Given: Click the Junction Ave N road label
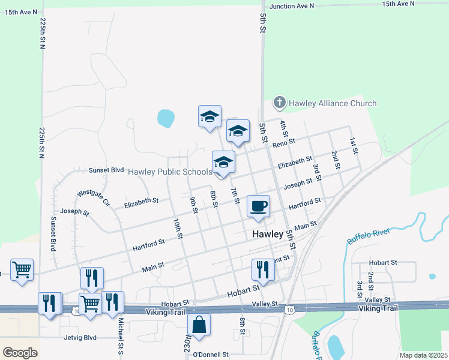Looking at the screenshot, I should point(292,6).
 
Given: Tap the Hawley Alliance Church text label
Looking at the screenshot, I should point(333,103).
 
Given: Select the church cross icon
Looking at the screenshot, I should point(279,103).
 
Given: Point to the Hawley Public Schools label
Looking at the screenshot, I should point(170,172).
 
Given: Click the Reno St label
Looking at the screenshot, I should point(284,143).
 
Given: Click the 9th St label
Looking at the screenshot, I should point(194,205).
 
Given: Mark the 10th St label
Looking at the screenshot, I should point(178,229).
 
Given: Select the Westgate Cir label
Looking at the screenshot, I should point(94,197).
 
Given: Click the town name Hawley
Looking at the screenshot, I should point(267,235).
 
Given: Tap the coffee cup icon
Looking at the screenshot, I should point(259,206).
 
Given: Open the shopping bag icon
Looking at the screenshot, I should point(199,326).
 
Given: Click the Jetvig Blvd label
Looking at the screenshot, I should point(80,337).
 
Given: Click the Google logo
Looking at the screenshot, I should point(20,353).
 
